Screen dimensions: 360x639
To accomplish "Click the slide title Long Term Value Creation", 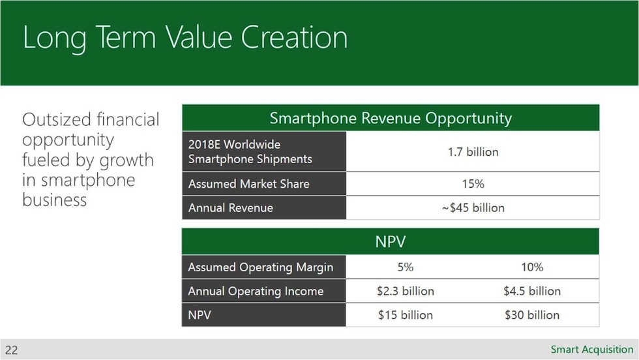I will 185,38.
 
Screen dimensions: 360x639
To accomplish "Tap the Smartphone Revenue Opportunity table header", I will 390,118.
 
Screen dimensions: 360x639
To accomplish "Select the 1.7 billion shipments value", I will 473,152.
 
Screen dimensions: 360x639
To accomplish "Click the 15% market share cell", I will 473,184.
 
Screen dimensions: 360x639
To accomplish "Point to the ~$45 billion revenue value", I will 473,208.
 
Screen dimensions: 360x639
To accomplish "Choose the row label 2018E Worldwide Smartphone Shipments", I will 250,151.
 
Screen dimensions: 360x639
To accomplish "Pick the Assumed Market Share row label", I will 248,184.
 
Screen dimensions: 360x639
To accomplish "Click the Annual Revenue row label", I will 230,208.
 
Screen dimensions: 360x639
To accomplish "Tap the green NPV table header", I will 390,242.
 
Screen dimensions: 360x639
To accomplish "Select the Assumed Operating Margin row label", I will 260,267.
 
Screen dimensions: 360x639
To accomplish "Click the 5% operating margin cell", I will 405,267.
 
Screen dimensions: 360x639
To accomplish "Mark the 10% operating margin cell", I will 532,267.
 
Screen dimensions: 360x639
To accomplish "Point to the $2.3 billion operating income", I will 405,291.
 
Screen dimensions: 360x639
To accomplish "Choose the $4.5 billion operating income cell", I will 532,291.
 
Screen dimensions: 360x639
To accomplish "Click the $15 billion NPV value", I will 405,315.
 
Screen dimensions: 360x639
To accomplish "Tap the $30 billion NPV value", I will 532,315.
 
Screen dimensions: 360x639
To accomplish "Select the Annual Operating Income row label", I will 256,291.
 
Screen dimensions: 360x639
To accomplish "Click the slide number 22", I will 11,350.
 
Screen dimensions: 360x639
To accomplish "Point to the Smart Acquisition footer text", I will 591,350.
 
